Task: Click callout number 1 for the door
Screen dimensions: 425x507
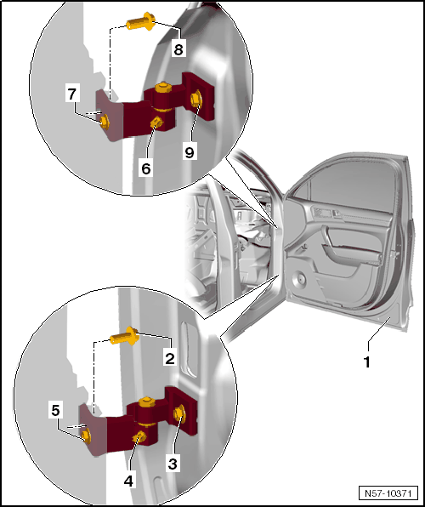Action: click(366, 362)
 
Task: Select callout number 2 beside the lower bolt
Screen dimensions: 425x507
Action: click(170, 359)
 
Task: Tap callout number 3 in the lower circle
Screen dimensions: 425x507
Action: click(173, 464)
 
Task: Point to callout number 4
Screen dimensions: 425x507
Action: click(128, 481)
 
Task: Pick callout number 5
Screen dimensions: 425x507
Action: click(55, 411)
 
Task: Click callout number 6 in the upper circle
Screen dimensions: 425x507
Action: click(146, 168)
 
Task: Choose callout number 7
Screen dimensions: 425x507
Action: click(71, 94)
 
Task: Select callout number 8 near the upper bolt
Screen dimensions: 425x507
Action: click(178, 50)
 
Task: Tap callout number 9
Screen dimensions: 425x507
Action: click(190, 151)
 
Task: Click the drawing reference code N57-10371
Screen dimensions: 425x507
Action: click(388, 493)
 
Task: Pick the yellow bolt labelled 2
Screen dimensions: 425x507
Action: click(124, 336)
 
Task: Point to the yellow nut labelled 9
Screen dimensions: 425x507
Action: click(196, 100)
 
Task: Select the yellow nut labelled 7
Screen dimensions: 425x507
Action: click(105, 122)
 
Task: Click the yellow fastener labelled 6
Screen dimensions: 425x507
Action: click(157, 122)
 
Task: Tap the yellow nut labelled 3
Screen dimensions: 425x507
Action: click(179, 414)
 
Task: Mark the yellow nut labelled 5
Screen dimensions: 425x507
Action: click(86, 436)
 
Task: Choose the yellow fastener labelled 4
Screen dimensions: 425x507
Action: click(139, 437)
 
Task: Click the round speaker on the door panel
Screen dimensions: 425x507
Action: click(299, 278)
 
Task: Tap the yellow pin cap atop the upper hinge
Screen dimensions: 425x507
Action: click(163, 88)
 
